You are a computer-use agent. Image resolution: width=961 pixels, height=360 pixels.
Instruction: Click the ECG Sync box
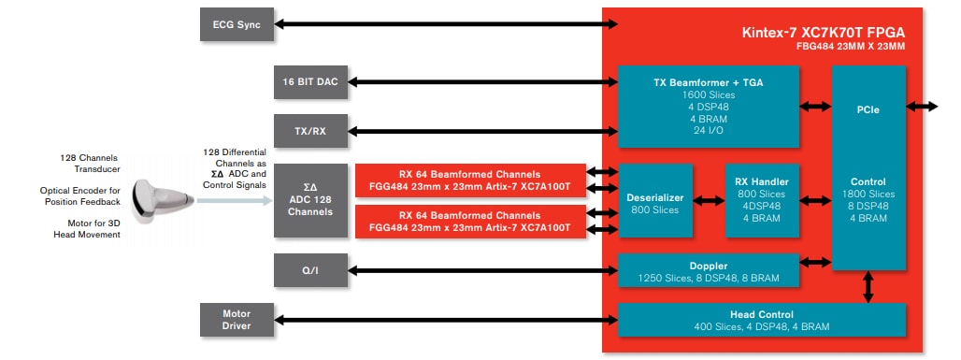point(237,24)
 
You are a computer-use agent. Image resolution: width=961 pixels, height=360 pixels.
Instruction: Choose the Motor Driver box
point(237,320)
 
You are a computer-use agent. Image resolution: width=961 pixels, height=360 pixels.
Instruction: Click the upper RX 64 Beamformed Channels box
point(469,180)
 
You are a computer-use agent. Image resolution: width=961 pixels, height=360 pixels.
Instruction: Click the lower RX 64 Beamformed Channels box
point(469,222)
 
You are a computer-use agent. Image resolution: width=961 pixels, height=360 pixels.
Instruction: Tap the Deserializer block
point(655,203)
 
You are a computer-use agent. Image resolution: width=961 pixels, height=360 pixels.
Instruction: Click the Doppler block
point(708,271)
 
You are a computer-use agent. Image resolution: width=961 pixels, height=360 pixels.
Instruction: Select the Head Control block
point(761,320)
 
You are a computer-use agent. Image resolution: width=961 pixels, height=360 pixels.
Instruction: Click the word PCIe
point(868,108)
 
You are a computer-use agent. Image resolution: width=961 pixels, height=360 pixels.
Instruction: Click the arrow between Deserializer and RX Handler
point(709,199)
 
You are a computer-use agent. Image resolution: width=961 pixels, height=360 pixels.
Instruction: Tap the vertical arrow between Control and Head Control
point(868,286)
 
